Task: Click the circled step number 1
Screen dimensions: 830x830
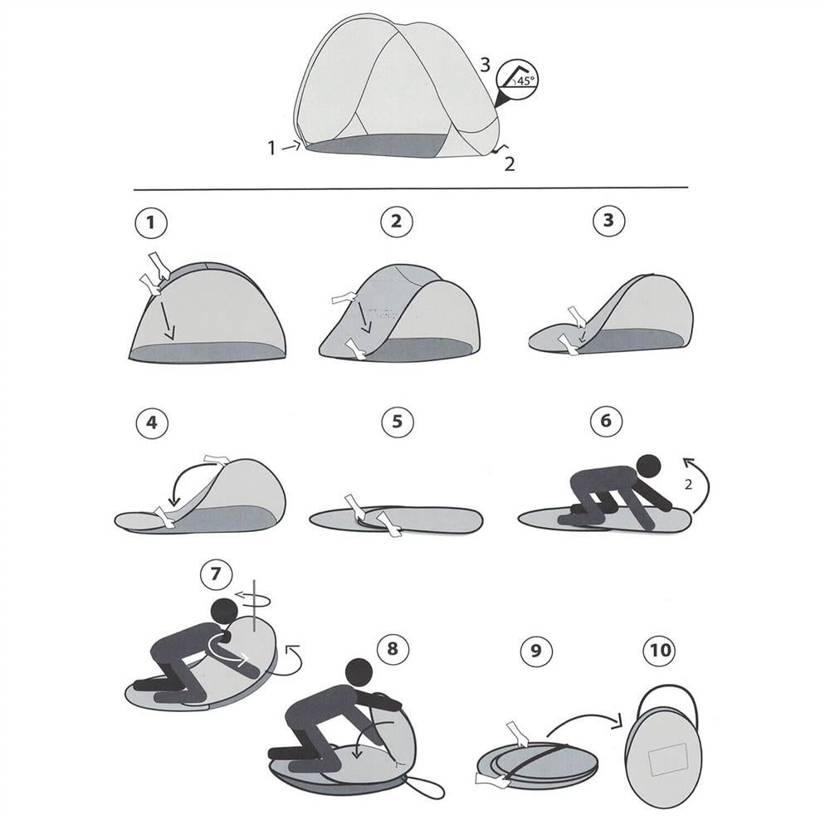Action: [151, 222]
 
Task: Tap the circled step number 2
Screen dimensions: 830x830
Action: [397, 222]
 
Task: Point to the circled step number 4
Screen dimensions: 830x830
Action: [151, 422]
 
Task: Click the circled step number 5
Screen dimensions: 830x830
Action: [398, 422]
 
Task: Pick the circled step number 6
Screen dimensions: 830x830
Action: [606, 422]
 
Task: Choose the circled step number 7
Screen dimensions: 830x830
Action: [216, 574]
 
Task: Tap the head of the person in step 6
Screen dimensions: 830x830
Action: [648, 466]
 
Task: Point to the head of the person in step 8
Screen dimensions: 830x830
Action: [359, 671]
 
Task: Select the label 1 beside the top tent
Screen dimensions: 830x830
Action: [271, 149]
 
